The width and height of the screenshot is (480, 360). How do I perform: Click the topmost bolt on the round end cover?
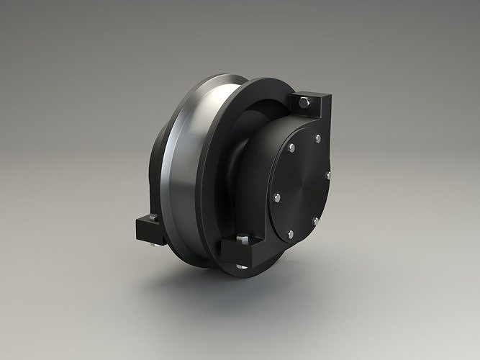coord(317,138)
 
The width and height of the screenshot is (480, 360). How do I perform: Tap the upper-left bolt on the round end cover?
coord(291,148)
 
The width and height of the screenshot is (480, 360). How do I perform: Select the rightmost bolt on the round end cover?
coord(328,175)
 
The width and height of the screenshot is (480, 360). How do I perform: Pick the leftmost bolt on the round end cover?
coord(276,196)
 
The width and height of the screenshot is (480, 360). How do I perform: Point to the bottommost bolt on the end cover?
coord(291,234)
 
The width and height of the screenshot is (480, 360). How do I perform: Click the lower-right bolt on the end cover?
coord(315,220)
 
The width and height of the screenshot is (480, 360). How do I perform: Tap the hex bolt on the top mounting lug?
coord(304,103)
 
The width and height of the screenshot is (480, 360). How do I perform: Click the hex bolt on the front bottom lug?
coord(243,238)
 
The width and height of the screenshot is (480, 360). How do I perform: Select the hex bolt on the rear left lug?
coord(153,217)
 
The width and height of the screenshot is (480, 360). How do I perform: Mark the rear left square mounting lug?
coord(147,229)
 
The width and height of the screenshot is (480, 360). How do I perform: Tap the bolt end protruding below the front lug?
coord(242,266)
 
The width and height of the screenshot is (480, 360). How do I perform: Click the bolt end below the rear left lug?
coord(153,244)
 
